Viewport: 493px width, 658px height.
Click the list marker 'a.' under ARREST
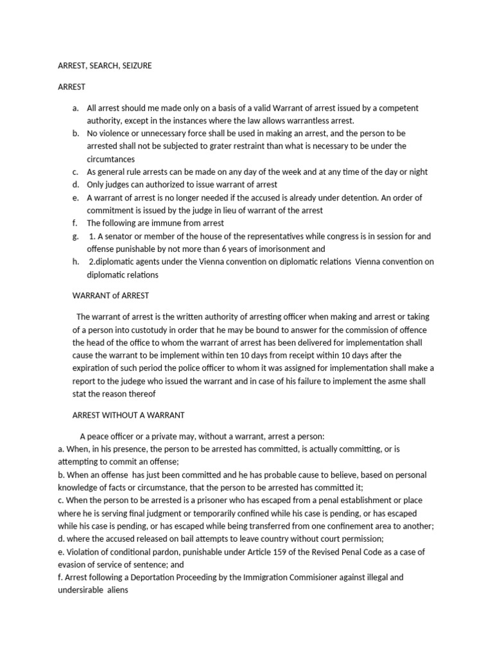[x=75, y=109]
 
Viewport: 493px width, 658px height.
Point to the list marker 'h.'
[x=75, y=262]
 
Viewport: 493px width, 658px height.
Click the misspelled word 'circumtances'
[x=110, y=159]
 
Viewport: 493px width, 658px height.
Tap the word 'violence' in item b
[x=114, y=133]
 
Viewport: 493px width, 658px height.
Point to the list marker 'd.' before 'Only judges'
[x=75, y=184]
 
